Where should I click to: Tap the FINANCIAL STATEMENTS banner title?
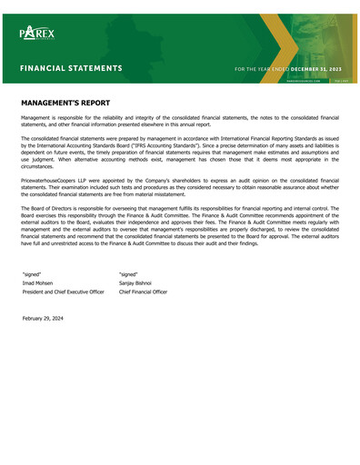[72, 68]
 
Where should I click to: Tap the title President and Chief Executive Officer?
[63, 292]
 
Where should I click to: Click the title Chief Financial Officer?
[143, 292]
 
